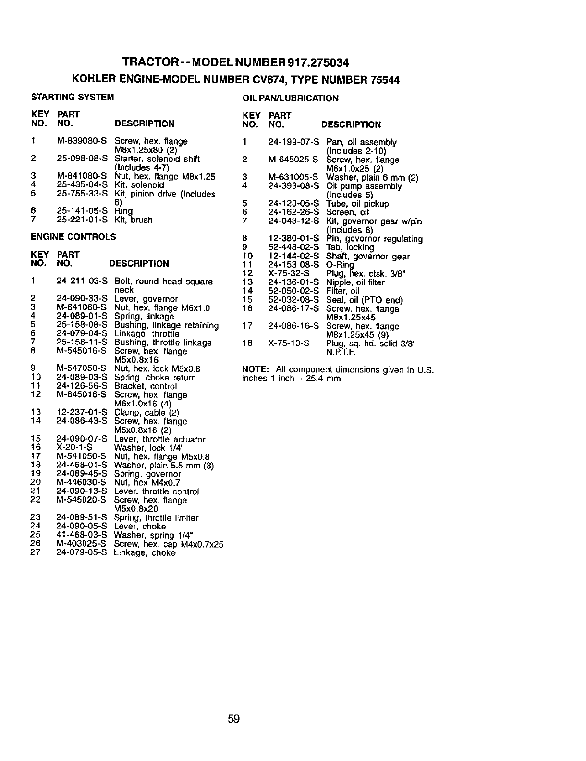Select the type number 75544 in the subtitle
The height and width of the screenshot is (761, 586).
385,80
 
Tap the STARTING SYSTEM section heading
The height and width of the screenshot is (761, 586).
73,97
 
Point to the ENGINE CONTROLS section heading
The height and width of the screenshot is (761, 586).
73,237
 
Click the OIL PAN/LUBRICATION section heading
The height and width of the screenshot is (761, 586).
291,98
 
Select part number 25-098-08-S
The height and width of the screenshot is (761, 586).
82,159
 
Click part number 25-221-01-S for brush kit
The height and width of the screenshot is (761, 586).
82,220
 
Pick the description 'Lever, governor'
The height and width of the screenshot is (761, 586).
146,299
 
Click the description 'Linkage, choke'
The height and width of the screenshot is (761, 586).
145,553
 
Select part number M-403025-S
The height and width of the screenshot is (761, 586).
81,544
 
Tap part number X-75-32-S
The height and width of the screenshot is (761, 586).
289,273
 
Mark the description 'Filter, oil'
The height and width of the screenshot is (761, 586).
342,291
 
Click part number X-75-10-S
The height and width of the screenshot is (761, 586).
289,344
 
